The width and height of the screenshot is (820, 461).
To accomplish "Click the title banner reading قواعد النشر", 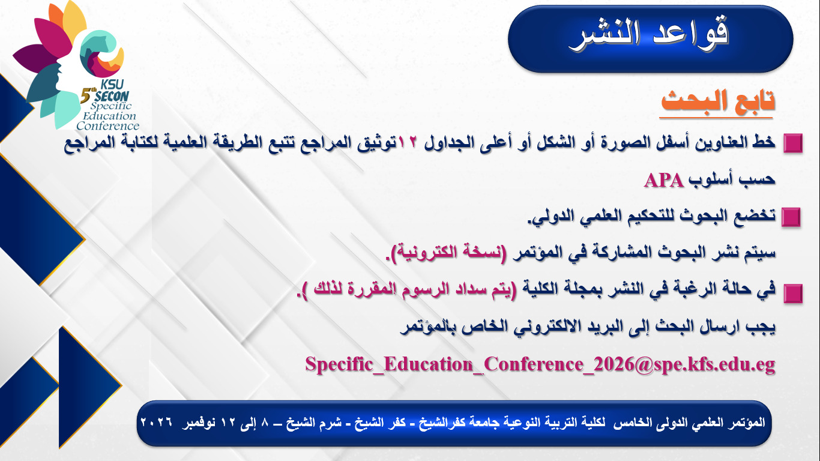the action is [x=651, y=38].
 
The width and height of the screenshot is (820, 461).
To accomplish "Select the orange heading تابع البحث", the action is [x=718, y=100].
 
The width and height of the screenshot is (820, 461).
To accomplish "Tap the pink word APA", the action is [x=664, y=180].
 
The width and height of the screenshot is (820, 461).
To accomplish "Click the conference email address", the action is [x=540, y=364].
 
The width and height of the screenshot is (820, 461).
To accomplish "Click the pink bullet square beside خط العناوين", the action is [x=793, y=143].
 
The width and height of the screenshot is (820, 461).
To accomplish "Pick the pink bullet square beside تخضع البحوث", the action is [x=791, y=217].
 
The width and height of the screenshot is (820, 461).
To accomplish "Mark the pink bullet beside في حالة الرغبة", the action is [x=793, y=294].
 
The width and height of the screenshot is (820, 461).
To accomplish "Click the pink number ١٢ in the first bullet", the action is [x=408, y=142].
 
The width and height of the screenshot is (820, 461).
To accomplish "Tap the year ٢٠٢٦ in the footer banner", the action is [x=156, y=422].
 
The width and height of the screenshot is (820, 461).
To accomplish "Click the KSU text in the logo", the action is [x=112, y=85].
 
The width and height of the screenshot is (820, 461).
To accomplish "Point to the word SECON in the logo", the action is [x=112, y=96].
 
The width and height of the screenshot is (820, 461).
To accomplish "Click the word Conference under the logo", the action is [x=107, y=126].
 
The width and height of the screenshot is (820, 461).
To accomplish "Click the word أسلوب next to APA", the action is [x=710, y=179].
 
